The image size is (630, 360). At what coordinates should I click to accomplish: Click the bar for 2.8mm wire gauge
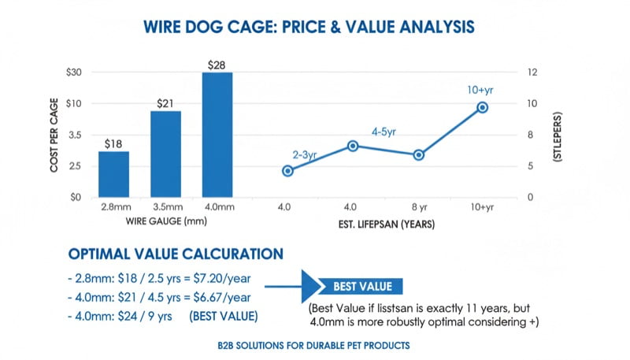(x=113, y=174)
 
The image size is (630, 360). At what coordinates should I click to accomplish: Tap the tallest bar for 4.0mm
(x=217, y=135)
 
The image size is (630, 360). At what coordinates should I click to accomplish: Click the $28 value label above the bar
(x=217, y=63)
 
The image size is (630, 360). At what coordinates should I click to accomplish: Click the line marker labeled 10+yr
(x=483, y=107)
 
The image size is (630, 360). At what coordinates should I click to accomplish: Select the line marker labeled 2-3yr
(x=287, y=171)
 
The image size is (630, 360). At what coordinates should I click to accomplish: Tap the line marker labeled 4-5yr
(x=353, y=146)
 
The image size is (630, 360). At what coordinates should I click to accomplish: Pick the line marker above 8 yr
(x=418, y=155)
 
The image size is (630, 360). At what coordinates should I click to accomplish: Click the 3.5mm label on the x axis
(x=165, y=207)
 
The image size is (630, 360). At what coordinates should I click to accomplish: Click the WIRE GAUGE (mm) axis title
(x=165, y=222)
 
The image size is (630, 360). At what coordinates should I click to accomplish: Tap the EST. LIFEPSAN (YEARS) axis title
(x=384, y=225)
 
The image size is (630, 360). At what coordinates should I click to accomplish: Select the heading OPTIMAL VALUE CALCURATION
(x=175, y=254)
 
